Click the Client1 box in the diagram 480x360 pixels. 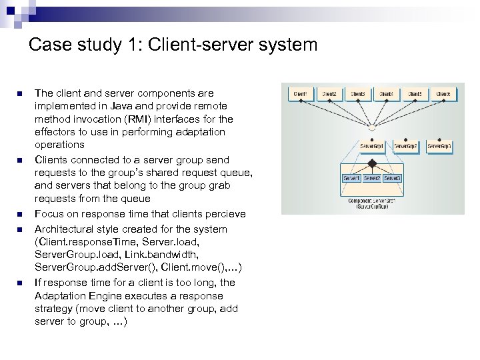[x=300, y=94]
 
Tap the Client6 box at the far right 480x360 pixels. [x=443, y=94]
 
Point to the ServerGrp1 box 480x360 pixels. [x=372, y=145]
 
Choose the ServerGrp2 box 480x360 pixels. [x=405, y=145]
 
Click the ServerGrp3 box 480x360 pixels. [x=439, y=145]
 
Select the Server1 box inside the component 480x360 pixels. [x=352, y=179]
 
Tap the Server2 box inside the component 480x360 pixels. [x=372, y=179]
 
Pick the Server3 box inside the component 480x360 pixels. [x=392, y=179]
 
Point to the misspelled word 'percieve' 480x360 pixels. [x=226, y=214]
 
